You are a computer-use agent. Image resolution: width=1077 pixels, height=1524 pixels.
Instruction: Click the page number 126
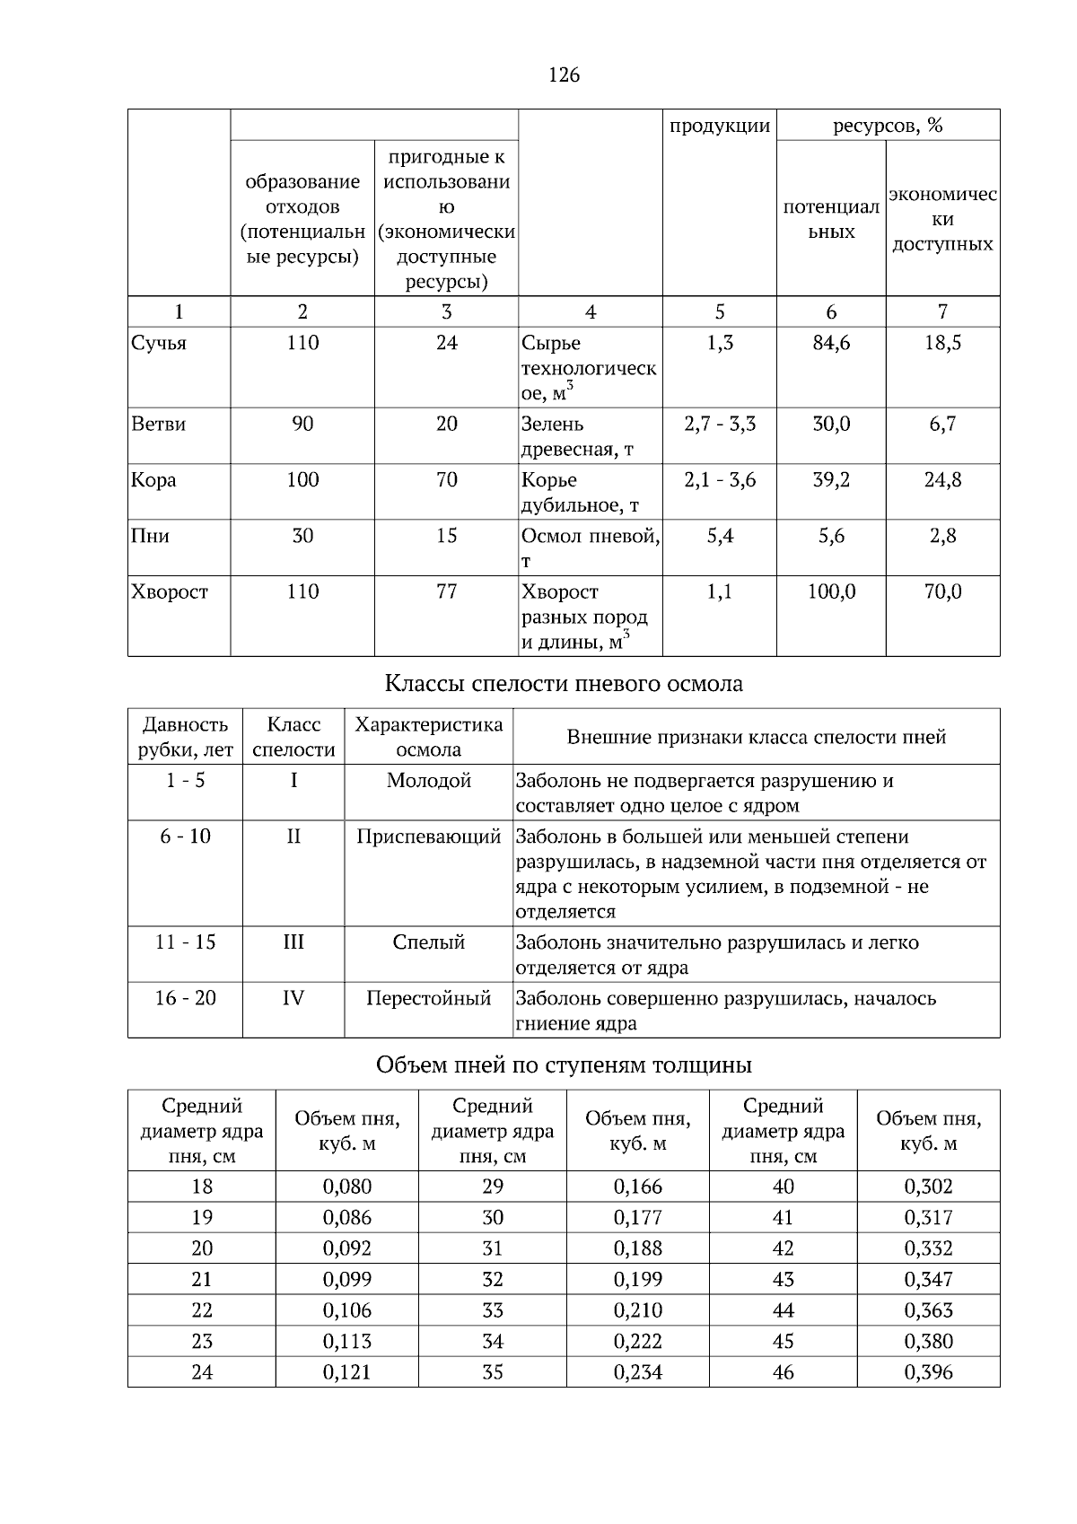point(564,75)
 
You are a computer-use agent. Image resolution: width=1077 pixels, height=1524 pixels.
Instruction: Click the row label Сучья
point(159,344)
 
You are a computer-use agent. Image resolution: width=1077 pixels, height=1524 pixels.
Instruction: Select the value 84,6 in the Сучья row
point(831,344)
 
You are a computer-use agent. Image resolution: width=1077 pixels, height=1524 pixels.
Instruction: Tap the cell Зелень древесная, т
point(577,437)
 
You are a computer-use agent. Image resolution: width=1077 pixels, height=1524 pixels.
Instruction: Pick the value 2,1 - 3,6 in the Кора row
point(720,480)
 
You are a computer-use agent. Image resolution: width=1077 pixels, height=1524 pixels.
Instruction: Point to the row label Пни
point(150,537)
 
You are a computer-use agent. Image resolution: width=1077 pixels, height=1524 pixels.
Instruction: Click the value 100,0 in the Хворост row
point(831,592)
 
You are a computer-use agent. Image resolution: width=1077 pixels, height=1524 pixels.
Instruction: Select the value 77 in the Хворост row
point(446,592)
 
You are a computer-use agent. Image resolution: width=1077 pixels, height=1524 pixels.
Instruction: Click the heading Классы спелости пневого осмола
point(564,684)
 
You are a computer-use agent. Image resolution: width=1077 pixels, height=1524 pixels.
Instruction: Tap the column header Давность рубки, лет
point(186,737)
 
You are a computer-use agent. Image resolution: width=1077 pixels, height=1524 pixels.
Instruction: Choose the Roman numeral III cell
point(293,942)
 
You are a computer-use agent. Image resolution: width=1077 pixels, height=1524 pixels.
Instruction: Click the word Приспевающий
point(428,837)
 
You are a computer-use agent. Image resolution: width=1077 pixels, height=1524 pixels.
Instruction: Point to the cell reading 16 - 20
point(186,998)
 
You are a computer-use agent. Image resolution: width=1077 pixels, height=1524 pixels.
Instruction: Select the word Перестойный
point(428,998)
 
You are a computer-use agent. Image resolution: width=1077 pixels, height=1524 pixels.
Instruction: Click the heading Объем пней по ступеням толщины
point(564,1065)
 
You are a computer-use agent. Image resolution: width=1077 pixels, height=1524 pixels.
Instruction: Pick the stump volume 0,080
point(347,1187)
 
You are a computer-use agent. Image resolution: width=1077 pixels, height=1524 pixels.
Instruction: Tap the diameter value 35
point(493,1372)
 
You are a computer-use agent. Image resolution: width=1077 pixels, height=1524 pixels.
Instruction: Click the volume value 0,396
point(929,1372)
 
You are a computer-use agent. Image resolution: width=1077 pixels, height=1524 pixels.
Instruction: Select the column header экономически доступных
point(942,220)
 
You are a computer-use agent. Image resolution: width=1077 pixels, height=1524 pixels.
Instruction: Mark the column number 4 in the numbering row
point(591,312)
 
